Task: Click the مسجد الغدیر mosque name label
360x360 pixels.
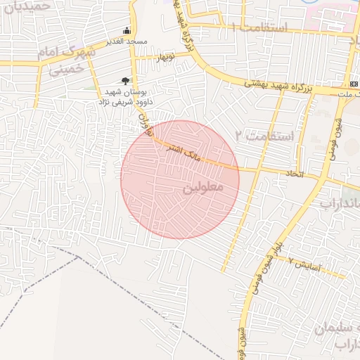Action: tap(127, 41)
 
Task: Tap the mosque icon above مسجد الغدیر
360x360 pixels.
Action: tap(127, 30)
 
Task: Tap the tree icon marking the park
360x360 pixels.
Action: tap(126, 81)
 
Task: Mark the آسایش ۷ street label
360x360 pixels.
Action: tap(305, 265)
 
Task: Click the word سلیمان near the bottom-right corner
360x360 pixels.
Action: tap(330, 328)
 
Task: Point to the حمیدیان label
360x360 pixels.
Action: tap(28, 6)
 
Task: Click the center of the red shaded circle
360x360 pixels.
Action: tap(180, 179)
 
